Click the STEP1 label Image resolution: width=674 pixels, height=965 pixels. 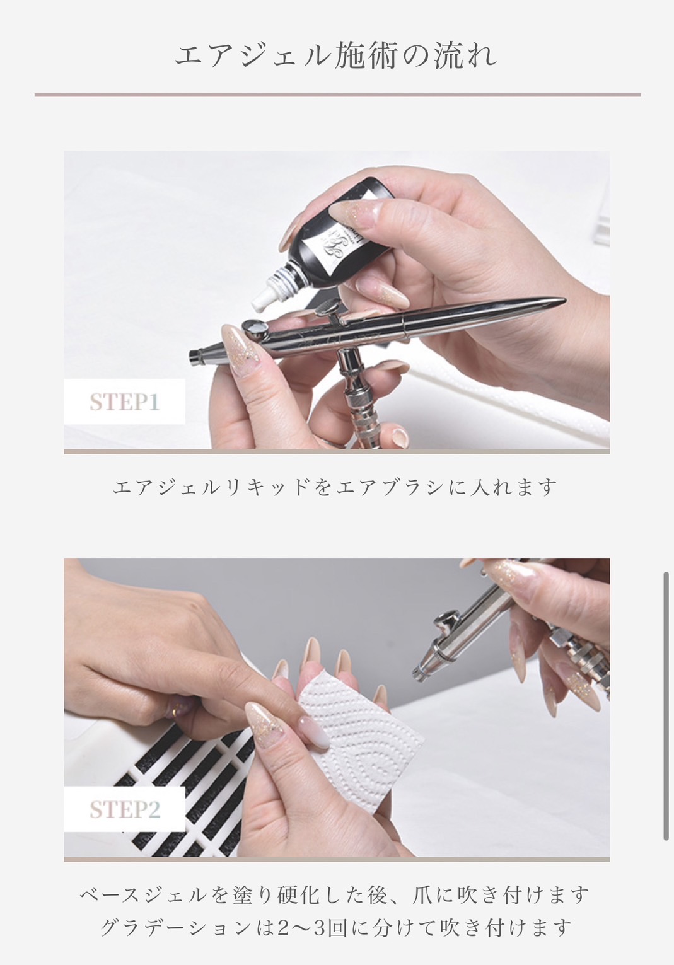(125, 402)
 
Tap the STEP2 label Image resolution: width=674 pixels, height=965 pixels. (125, 809)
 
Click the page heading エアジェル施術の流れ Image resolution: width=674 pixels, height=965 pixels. (336, 56)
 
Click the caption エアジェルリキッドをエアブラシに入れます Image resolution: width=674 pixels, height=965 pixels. (335, 488)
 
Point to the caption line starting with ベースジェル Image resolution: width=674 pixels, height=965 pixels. (334, 896)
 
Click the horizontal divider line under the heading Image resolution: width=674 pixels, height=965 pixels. (338, 95)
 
